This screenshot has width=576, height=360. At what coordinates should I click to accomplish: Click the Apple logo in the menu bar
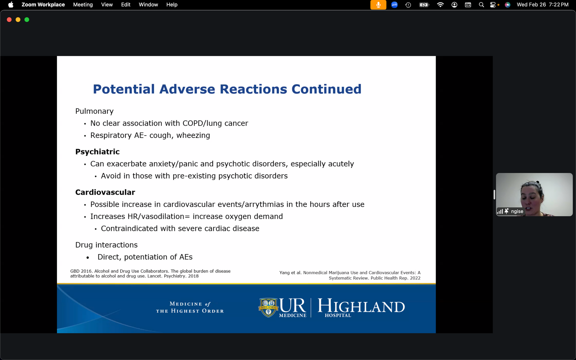click(11, 4)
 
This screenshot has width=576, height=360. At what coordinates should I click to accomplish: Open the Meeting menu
click(83, 4)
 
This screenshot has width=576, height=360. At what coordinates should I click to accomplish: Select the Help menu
click(172, 4)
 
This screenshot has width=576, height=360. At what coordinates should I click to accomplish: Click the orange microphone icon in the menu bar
click(378, 5)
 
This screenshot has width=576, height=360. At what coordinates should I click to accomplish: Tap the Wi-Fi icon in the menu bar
click(440, 4)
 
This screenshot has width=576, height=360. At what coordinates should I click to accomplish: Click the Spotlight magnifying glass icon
click(481, 4)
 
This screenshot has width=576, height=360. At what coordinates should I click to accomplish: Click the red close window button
click(9, 19)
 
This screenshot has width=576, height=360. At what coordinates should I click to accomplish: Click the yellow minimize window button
click(18, 19)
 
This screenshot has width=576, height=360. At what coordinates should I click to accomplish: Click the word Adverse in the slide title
click(187, 89)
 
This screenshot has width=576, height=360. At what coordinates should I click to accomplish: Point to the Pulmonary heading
click(94, 111)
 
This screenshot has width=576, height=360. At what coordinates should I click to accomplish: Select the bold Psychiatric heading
click(97, 152)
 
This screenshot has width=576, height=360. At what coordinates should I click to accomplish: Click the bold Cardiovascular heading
click(105, 192)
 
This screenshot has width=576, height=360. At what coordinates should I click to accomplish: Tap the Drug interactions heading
click(106, 245)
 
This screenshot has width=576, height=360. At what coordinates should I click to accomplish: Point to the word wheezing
click(193, 136)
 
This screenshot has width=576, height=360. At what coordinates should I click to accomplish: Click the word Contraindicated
click(129, 229)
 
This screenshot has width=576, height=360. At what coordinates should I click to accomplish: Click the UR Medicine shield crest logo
click(268, 307)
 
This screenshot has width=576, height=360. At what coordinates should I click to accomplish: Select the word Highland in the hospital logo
click(361, 306)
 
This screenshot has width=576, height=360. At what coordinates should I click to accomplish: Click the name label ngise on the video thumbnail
click(517, 211)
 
